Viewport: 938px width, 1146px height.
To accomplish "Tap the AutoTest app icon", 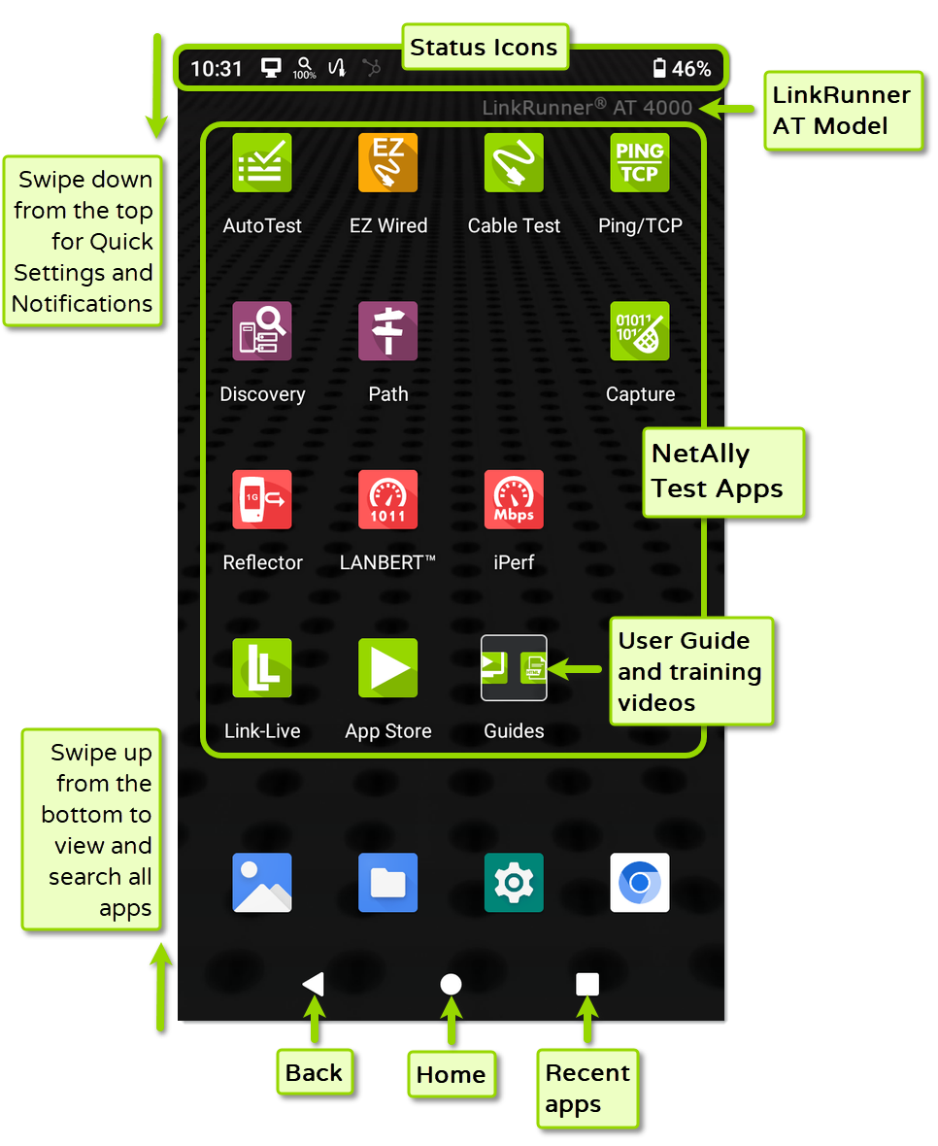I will coord(262,162).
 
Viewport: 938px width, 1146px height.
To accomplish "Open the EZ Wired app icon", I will coord(388,162).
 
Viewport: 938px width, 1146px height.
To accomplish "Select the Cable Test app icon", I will coord(514,162).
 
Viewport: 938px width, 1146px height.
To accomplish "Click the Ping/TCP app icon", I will coord(640,162).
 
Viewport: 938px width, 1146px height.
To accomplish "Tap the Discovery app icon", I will coord(262,331).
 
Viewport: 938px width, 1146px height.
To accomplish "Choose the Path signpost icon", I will coord(388,331).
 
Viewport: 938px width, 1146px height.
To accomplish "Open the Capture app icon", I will coord(640,331).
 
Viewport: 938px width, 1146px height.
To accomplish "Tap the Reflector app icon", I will coord(262,499).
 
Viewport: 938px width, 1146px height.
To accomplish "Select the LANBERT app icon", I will coord(388,499).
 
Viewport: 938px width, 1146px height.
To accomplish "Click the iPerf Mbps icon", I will coord(514,499).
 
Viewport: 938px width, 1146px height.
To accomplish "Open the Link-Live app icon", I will coord(262,668).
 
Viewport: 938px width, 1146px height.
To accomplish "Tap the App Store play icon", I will coord(388,668).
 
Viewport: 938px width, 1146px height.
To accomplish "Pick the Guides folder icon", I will coord(514,668).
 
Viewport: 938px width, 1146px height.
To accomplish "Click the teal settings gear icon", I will coord(514,883).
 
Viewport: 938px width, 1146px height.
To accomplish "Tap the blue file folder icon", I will coord(388,883).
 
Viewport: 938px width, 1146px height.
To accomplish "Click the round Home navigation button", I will coord(451,985).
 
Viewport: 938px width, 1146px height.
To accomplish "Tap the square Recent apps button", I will coord(587,985).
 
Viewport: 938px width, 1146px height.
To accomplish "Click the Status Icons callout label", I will coord(484,48).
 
